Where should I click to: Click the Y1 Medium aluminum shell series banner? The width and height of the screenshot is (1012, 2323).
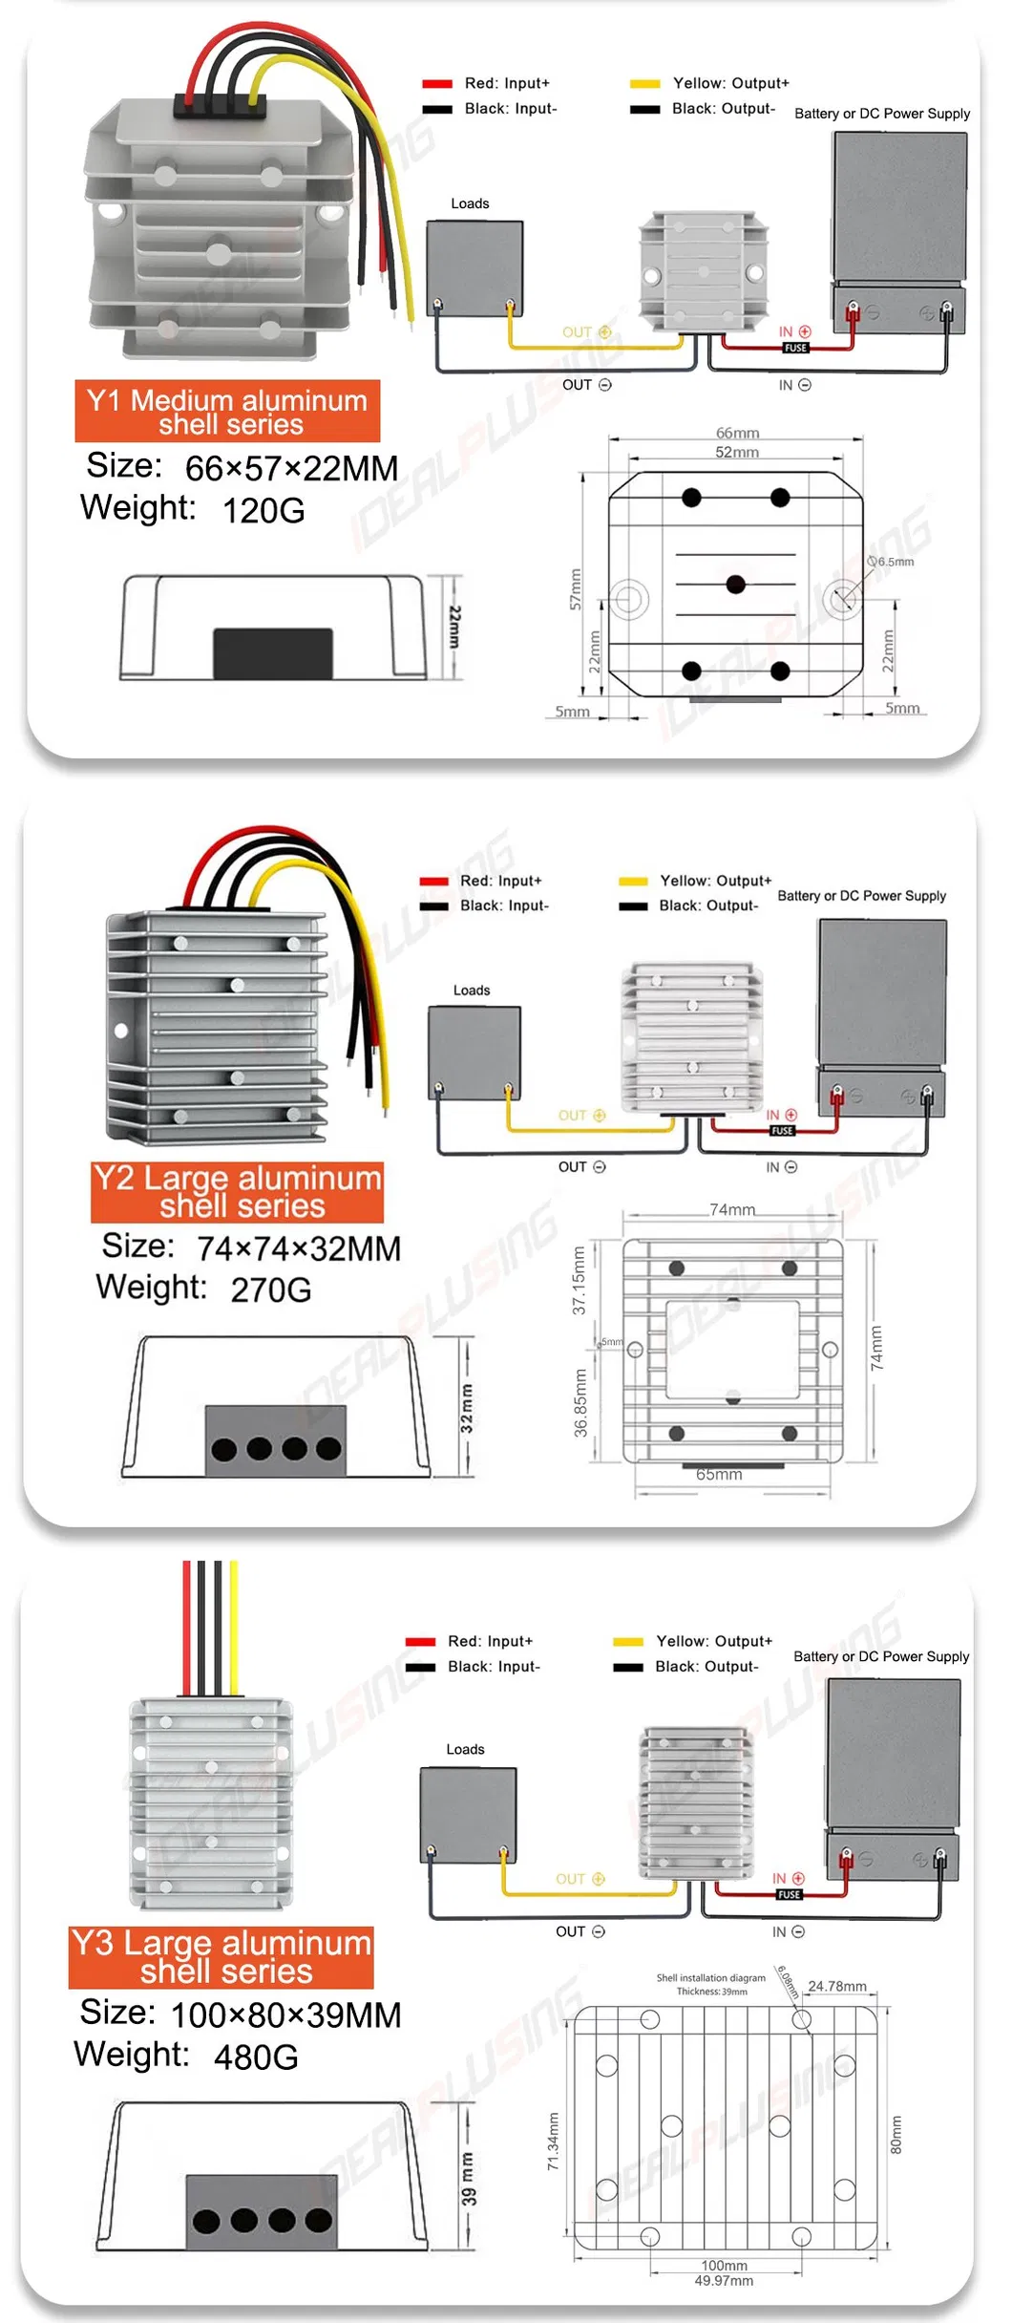(x=227, y=412)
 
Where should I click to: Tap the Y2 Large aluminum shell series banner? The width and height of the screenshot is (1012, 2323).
(x=238, y=1191)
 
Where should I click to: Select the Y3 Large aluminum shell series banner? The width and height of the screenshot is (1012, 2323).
(x=221, y=1957)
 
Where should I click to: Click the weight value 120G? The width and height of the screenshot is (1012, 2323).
(x=264, y=511)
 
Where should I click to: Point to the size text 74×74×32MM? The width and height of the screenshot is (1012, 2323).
(x=298, y=1248)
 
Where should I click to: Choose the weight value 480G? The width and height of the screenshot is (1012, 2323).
(x=256, y=2057)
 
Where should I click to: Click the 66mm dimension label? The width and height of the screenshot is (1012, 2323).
(x=737, y=433)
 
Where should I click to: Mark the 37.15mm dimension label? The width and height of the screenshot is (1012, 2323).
(x=579, y=1280)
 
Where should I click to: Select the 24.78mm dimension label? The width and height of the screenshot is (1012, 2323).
(x=837, y=1986)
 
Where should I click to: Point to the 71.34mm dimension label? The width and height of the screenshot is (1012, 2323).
(x=553, y=2141)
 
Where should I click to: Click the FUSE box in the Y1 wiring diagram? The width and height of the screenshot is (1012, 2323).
(x=795, y=348)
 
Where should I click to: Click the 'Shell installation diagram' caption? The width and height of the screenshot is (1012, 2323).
(x=710, y=1978)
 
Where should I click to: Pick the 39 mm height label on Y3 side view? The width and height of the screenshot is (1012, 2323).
(x=468, y=2179)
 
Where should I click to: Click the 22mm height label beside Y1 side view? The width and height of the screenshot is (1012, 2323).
(x=455, y=627)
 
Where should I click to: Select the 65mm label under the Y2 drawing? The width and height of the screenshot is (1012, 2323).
(x=719, y=1474)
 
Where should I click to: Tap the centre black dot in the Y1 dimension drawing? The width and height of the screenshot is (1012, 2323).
(x=735, y=585)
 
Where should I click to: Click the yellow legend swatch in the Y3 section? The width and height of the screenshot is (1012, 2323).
(x=627, y=1642)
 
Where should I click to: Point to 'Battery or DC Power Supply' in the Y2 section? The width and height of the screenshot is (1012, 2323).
(x=861, y=896)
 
